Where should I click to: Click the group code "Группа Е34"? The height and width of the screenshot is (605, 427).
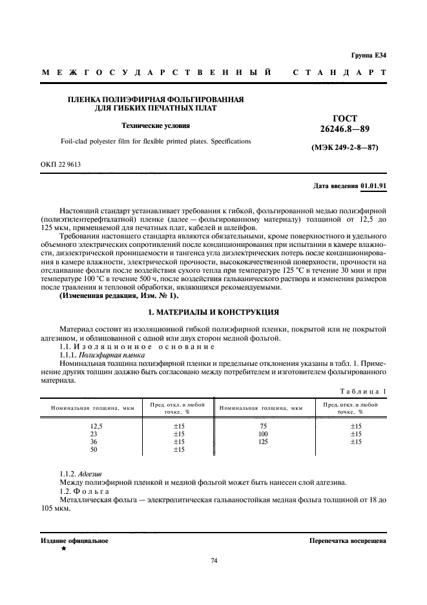(369, 56)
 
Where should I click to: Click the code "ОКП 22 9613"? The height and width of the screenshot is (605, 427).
(61, 165)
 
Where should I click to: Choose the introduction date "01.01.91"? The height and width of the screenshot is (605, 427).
(373, 186)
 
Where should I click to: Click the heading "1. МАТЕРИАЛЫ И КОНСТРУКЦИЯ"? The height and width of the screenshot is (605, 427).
(213, 312)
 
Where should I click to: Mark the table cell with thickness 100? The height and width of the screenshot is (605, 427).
(263, 434)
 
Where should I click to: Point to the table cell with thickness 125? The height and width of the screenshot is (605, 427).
(263, 441)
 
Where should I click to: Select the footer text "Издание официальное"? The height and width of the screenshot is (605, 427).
(74, 540)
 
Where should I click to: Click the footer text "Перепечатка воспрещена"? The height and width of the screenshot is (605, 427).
(348, 540)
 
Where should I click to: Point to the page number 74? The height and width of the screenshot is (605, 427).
(214, 560)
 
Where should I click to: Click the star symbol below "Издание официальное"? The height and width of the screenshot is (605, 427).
(63, 548)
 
